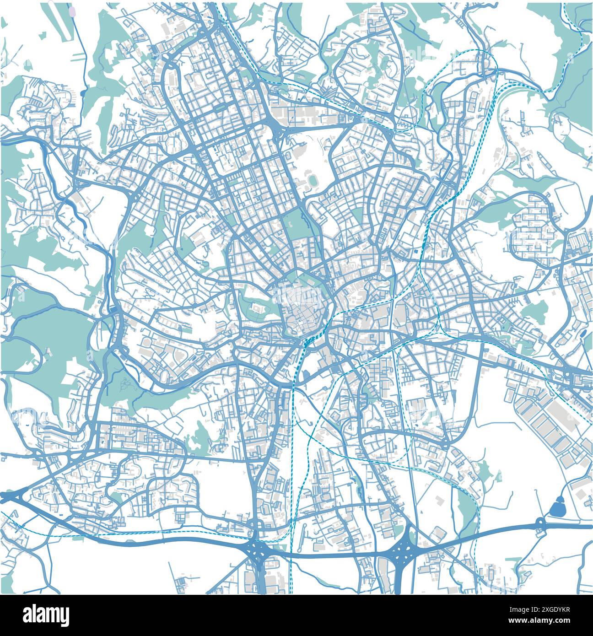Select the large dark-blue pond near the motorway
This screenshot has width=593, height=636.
(558, 507)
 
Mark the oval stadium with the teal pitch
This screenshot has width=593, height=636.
(313, 181)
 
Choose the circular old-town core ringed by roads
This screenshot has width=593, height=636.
(303, 305)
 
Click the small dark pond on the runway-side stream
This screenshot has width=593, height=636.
(83, 93)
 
